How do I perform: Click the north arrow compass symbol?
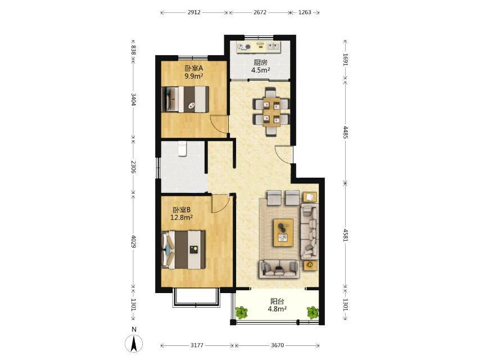point(134,343)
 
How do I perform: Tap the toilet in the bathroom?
point(182,148)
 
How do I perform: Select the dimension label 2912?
point(194,12)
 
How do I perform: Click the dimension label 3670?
point(277,345)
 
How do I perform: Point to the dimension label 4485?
point(346,132)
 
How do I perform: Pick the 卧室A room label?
point(194,67)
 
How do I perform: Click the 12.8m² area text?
point(182,218)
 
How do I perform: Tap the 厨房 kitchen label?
point(260,62)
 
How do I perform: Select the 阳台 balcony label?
point(277,301)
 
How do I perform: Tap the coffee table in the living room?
point(283,232)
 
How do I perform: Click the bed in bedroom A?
point(185,99)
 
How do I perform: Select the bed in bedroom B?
point(183,250)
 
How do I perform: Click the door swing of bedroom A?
point(218,125)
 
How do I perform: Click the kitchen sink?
point(274,47)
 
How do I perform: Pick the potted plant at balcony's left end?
point(242,313)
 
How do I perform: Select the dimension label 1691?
point(346,60)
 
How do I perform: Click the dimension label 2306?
point(133,166)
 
